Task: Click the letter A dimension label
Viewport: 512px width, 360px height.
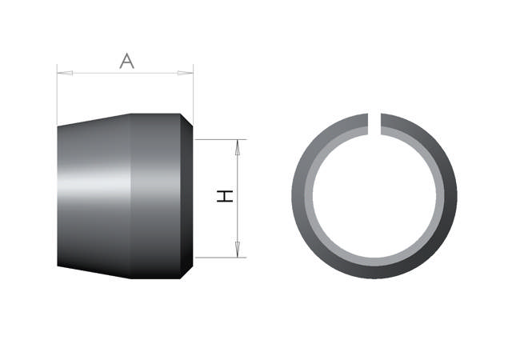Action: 126,61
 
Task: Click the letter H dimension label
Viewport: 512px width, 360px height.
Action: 227,196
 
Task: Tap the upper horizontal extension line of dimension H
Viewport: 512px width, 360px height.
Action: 220,139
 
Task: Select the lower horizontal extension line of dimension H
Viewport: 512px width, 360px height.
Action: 220,258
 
